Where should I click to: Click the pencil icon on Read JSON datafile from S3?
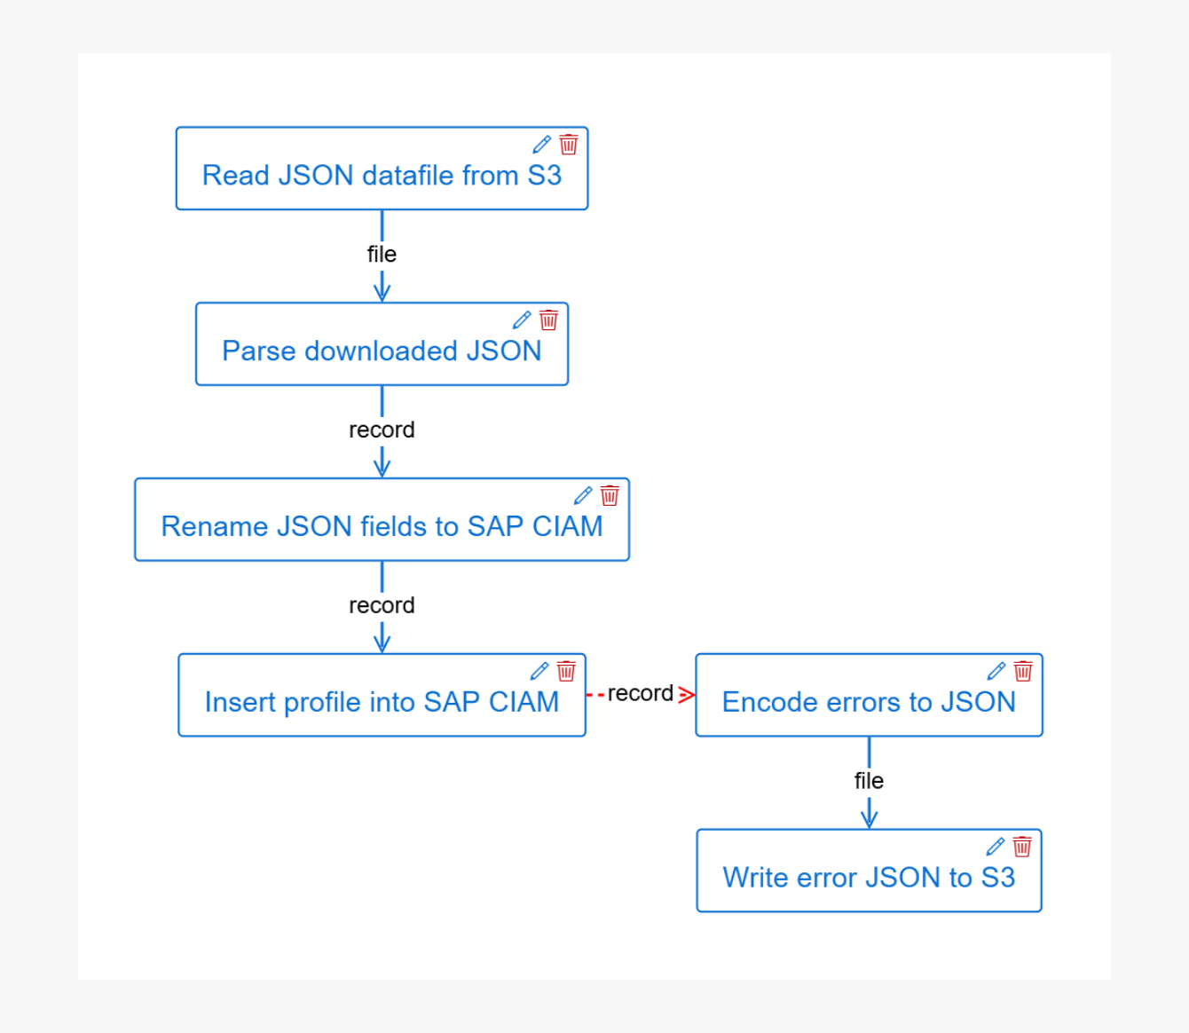coord(541,145)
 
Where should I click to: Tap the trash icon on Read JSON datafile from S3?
coord(569,145)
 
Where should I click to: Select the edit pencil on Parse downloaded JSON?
coord(522,320)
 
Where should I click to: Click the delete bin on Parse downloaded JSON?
coord(548,320)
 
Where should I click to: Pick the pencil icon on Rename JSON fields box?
coord(583,495)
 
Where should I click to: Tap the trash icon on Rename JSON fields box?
coord(610,495)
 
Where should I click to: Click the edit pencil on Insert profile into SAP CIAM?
coord(539,671)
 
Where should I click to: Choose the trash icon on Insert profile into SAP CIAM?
coord(566,671)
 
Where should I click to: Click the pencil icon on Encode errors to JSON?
coord(996,671)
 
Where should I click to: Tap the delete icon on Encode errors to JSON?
coord(1023,671)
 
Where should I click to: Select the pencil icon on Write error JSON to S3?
coord(996,847)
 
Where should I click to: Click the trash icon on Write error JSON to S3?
coord(1022,847)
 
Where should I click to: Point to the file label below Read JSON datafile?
coord(382,255)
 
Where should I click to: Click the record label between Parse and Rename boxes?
coord(382,430)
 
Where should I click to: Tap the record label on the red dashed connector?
coord(641,693)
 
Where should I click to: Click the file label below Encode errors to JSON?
coord(869,781)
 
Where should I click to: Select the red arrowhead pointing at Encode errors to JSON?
coord(686,695)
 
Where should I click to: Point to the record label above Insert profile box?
coord(382,605)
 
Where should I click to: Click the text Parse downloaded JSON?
coord(382,351)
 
